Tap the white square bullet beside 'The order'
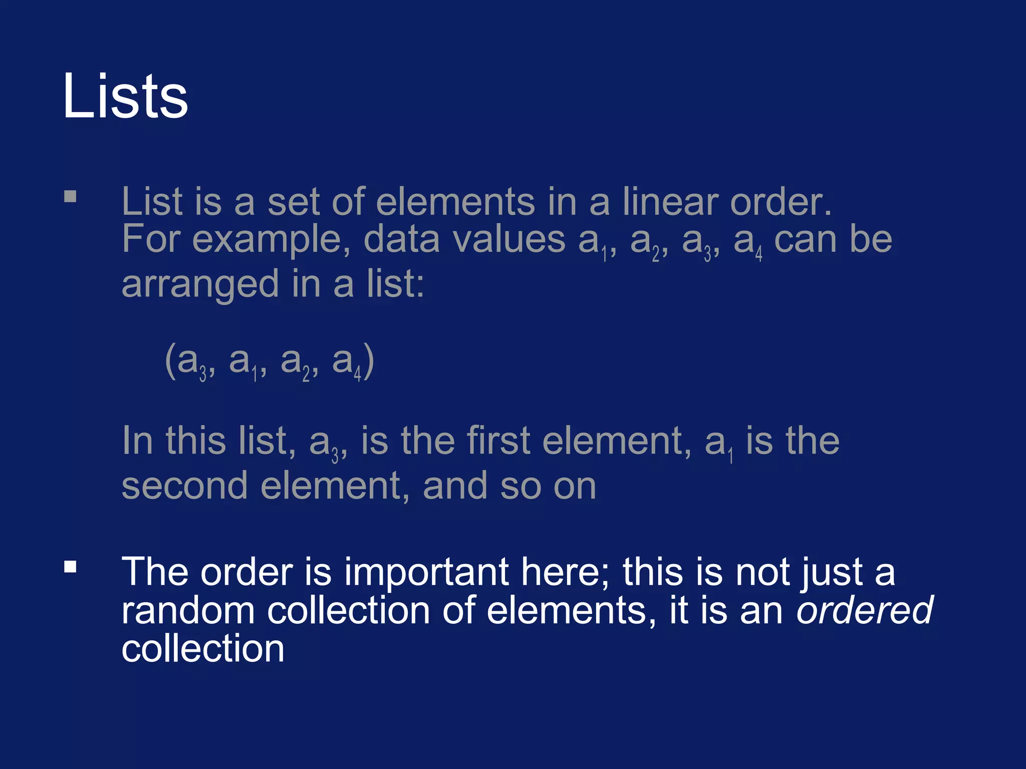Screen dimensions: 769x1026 coord(70,566)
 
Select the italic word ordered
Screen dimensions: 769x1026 coord(864,610)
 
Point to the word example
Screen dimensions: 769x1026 coord(271,240)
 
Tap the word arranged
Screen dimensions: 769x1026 coord(200,284)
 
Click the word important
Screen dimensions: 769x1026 coord(426,572)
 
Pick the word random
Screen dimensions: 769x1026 coord(188,610)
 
